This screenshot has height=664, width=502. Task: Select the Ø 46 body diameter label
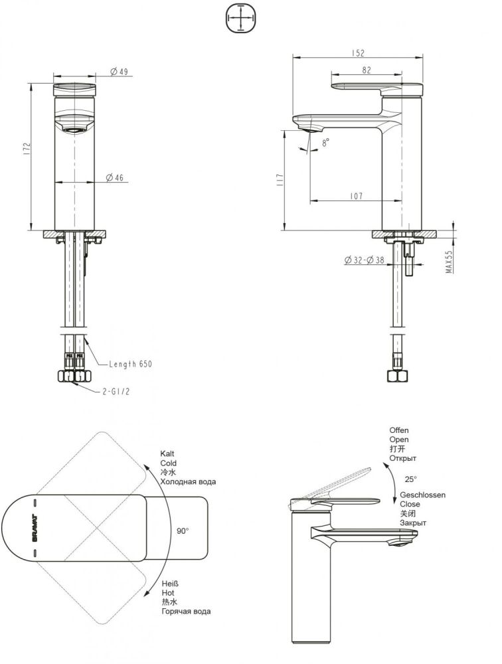coord(116,177)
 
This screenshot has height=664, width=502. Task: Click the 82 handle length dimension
coord(367,70)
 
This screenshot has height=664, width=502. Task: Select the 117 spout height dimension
coord(280,179)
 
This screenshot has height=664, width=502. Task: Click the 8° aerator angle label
coord(325,143)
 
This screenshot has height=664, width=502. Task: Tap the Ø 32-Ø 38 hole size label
coord(365,261)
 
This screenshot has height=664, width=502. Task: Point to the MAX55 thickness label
coord(449,262)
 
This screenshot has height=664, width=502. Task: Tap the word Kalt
coord(167,453)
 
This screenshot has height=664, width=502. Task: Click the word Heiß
coord(168,582)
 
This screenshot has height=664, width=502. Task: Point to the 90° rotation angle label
coord(183,531)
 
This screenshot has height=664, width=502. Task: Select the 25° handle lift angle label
coord(411,479)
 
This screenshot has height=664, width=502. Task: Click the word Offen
coord(399,430)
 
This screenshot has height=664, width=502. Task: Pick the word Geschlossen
coord(422,495)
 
